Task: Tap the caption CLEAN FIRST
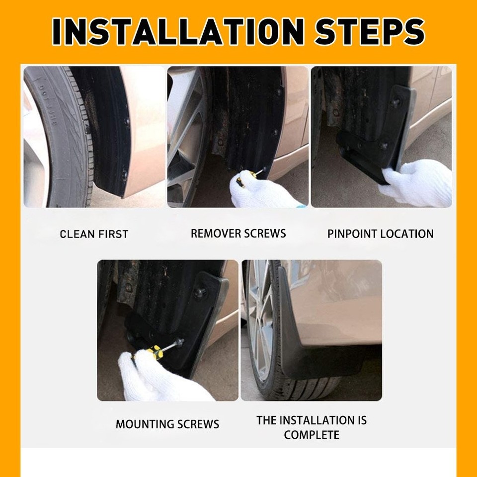click(x=94, y=234)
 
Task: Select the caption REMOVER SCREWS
click(x=238, y=234)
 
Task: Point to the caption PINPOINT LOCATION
click(x=380, y=234)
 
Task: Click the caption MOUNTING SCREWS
click(x=167, y=424)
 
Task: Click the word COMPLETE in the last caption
click(x=312, y=435)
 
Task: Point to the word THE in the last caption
click(x=266, y=420)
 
